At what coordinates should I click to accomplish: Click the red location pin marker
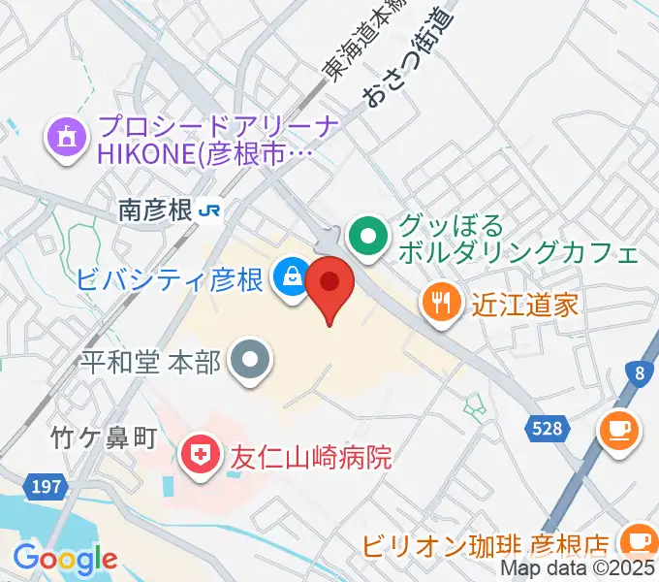click(329, 284)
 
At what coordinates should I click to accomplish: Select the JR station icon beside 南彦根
click(208, 210)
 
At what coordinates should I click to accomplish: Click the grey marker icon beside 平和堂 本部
click(251, 362)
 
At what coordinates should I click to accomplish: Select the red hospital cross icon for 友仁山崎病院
click(200, 457)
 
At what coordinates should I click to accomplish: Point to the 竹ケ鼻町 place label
click(104, 438)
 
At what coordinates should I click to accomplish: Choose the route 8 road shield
click(639, 372)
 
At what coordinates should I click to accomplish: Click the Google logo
click(65, 559)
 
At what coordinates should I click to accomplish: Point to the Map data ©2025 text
click(579, 569)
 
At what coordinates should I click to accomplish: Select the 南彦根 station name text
click(155, 210)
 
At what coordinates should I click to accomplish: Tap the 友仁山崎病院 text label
click(310, 457)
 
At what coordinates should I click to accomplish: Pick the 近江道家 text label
click(525, 306)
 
